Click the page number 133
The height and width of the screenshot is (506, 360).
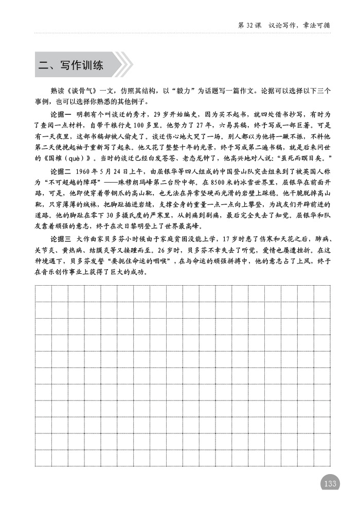coord(330,483)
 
